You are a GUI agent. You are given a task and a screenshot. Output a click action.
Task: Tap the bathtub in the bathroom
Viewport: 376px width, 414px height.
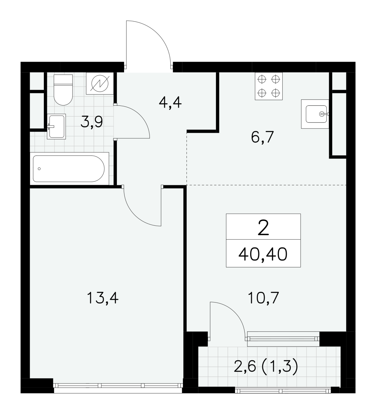(x=70, y=169)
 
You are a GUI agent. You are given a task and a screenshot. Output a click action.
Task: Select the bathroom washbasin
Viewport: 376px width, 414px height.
(x=56, y=126)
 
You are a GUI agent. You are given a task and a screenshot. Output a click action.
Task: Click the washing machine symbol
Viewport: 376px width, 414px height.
(x=100, y=83)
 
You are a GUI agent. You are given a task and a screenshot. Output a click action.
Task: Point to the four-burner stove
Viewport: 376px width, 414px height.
(x=269, y=86)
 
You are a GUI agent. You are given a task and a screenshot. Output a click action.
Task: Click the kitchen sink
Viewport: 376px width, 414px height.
(x=315, y=114)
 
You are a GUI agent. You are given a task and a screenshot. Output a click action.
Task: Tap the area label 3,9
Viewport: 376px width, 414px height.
(x=92, y=122)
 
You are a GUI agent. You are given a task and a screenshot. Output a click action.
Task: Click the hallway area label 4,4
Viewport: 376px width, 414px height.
(x=170, y=103)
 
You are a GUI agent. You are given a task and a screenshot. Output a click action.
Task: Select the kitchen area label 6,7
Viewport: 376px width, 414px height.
(x=262, y=137)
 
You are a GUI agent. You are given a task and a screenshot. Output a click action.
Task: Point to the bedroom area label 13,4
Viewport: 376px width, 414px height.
(x=102, y=298)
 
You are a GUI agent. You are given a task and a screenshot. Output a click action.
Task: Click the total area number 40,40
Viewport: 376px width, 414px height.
(x=263, y=255)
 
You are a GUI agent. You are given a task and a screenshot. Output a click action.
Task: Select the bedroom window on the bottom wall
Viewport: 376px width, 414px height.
(x=118, y=385)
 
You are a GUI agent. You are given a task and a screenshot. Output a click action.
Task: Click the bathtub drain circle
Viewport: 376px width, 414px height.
(x=39, y=169)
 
